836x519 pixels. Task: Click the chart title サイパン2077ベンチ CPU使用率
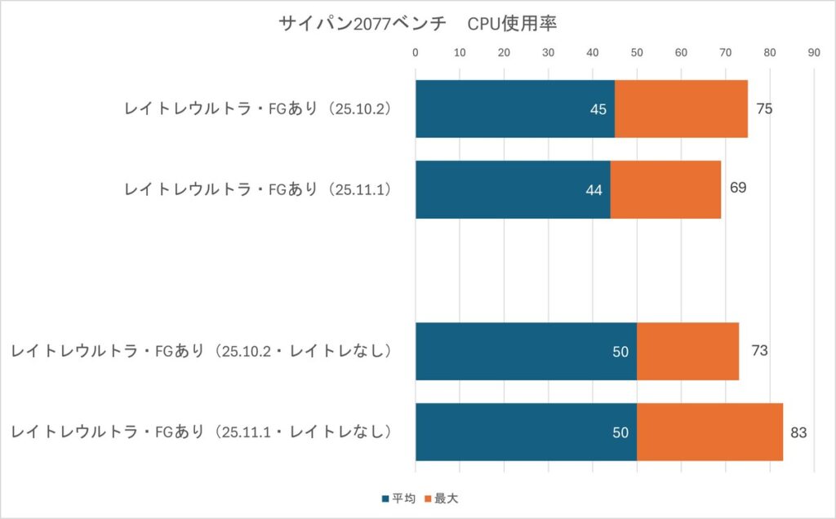pyautogui.click(x=417, y=24)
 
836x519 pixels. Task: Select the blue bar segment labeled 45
pyautogui.click(x=514, y=109)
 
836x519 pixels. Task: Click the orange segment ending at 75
pyautogui.click(x=681, y=109)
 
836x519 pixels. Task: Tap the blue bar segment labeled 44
pyautogui.click(x=513, y=189)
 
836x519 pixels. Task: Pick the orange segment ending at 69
pyautogui.click(x=665, y=189)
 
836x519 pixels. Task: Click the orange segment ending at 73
pyautogui.click(x=687, y=351)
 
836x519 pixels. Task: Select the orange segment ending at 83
pyautogui.click(x=709, y=432)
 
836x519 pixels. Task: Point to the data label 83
pyautogui.click(x=798, y=432)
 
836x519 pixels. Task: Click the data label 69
pyautogui.click(x=738, y=188)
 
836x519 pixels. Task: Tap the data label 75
pyautogui.click(x=764, y=109)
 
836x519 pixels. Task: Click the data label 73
pyautogui.click(x=759, y=351)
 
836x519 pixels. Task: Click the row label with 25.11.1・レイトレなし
pyautogui.click(x=202, y=432)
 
